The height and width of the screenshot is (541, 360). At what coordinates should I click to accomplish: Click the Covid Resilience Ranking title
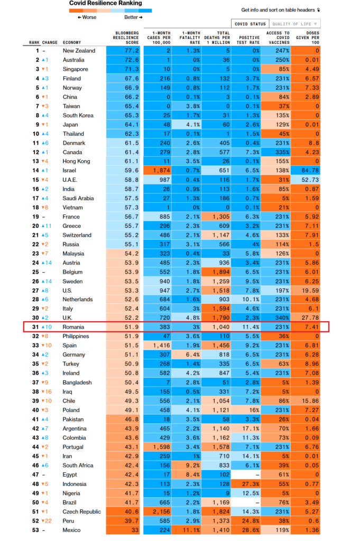106,3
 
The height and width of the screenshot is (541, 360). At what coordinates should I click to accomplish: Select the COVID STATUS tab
250,24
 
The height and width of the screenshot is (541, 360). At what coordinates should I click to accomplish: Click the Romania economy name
74,328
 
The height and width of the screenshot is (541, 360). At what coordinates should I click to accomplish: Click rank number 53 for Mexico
35,530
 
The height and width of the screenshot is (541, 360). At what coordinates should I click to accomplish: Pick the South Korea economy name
79,115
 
